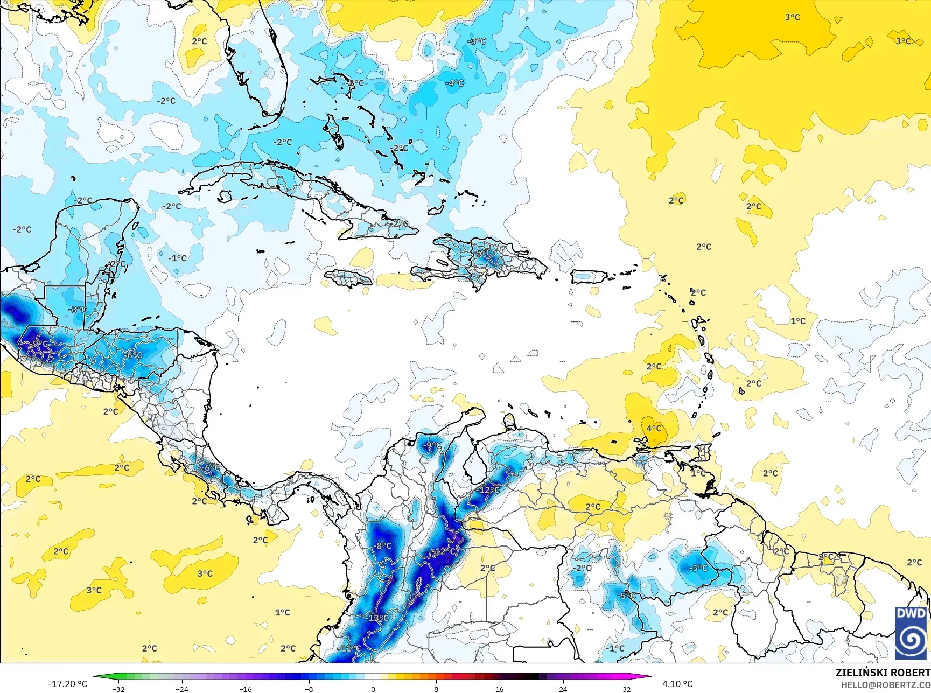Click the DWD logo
tap(912, 633)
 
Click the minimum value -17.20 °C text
tap(67, 684)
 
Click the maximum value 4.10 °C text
tap(677, 684)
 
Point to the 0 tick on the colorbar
tap(373, 689)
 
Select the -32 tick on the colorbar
tap(118, 689)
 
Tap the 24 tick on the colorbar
tap(563, 689)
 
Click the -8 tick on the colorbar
tap(309, 689)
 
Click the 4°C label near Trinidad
tap(654, 428)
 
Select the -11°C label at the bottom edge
tap(349, 648)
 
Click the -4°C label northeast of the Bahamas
tap(454, 82)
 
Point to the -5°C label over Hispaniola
tap(484, 253)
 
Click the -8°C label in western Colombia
tap(382, 545)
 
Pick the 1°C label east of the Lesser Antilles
tap(798, 321)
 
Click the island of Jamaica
tap(348, 278)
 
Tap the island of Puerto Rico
tap(589, 276)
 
